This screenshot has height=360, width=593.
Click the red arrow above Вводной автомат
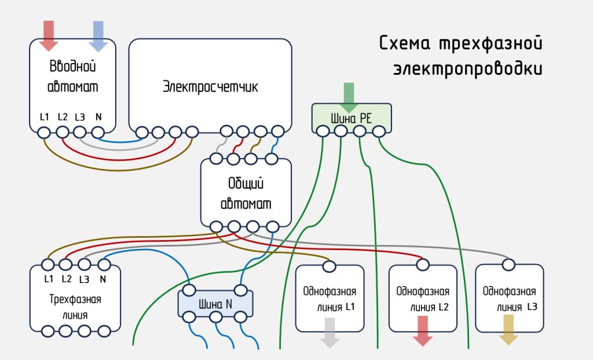tap(49, 35)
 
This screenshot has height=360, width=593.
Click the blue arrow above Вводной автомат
tap(97, 35)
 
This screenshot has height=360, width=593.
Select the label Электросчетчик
tap(210, 87)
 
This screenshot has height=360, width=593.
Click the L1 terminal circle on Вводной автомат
tap(44, 133)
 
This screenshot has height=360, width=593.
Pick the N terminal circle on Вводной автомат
tap(98, 133)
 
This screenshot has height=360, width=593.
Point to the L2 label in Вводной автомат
tap(63, 117)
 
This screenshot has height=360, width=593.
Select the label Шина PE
tap(350, 119)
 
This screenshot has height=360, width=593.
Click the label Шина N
tap(215, 303)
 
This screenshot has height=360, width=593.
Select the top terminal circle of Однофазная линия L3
tap(508, 265)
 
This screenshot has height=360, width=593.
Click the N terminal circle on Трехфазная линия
tap(104, 265)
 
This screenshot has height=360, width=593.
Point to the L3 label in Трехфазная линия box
tap(85, 279)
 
